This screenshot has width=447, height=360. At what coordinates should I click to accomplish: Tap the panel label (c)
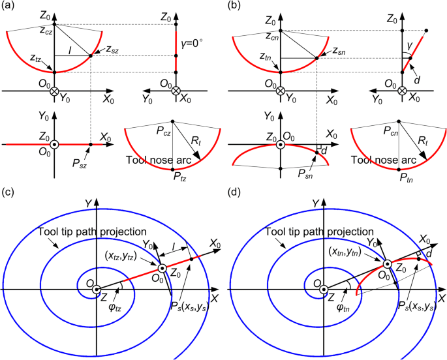(x=10, y=193)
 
